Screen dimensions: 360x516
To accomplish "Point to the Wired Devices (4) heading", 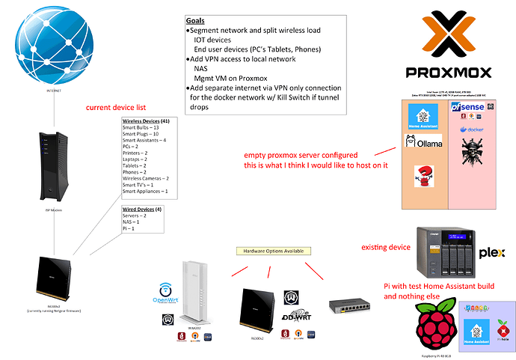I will coord(144,211).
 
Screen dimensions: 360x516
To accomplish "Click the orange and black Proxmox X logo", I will coord(447,34).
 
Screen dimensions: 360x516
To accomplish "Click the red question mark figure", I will coord(426,177).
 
